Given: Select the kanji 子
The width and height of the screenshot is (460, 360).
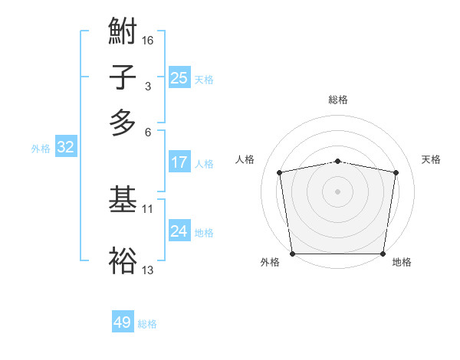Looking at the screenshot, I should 123,77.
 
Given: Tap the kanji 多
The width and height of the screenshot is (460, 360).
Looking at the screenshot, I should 123,122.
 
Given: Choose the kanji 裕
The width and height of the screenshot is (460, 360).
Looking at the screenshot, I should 123,260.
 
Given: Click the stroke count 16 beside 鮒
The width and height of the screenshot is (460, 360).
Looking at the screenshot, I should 148,40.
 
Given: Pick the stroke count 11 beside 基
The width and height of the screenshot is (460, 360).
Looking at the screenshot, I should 148,208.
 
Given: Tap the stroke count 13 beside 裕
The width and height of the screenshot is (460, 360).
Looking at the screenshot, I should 148,270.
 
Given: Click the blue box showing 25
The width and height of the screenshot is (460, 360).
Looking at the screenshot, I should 179,78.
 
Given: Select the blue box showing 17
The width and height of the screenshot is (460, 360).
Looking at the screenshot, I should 179,162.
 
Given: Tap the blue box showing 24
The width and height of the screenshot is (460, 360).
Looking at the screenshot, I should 179,231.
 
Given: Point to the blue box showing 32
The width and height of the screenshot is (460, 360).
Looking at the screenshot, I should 65,148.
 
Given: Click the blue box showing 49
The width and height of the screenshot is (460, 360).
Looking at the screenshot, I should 123,322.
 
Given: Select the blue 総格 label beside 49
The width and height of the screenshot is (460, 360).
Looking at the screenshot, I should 147,324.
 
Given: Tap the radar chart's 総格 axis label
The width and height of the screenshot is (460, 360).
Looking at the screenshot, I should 338,100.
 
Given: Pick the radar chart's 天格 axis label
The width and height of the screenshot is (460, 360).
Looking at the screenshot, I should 431,159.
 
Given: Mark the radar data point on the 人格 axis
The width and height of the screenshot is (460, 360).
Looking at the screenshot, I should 280,172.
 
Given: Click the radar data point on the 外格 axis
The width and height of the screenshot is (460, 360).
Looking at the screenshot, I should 293,253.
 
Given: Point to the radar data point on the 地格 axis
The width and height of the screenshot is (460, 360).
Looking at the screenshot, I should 383,254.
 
